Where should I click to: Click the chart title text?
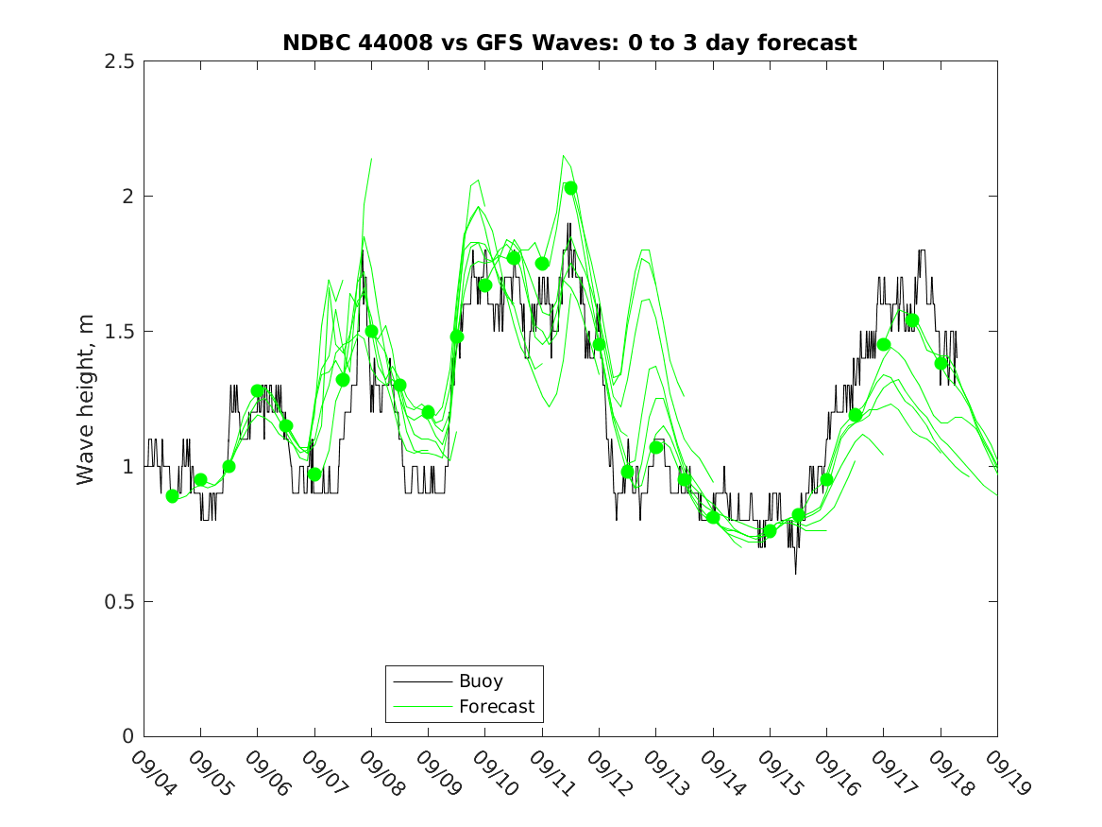click(x=569, y=43)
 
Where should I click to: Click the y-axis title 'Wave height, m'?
click(x=86, y=400)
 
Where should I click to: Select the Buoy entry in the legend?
click(x=480, y=681)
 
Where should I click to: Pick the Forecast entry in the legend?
click(x=496, y=706)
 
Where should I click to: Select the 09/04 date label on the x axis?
click(x=149, y=773)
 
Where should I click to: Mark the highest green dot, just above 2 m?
click(x=570, y=188)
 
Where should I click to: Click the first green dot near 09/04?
click(x=172, y=496)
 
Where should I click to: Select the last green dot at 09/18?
click(x=941, y=363)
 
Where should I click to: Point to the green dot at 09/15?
click(x=770, y=531)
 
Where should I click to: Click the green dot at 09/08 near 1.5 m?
click(x=372, y=331)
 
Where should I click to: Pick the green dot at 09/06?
click(x=257, y=390)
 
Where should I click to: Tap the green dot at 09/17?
click(x=884, y=345)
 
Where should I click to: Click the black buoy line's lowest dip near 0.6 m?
click(x=795, y=574)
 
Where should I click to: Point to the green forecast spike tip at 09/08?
click(x=371, y=159)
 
